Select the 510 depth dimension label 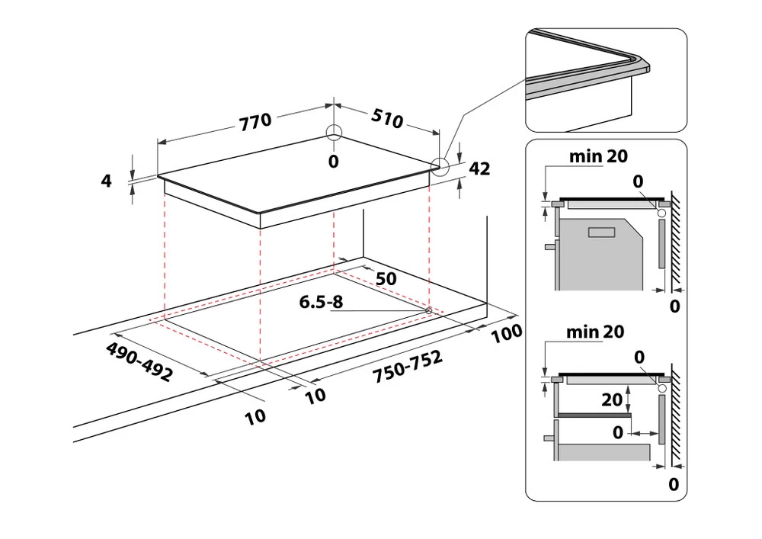tap(388, 119)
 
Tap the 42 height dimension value tap(479, 169)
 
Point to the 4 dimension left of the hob tap(106, 181)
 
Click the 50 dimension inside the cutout tap(386, 278)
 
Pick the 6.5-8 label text tap(321, 302)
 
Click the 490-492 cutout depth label tap(139, 362)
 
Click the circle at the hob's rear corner tap(334, 133)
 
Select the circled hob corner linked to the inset tap(440, 166)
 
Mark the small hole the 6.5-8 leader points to tap(428, 311)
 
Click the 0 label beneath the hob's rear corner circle tap(333, 161)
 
